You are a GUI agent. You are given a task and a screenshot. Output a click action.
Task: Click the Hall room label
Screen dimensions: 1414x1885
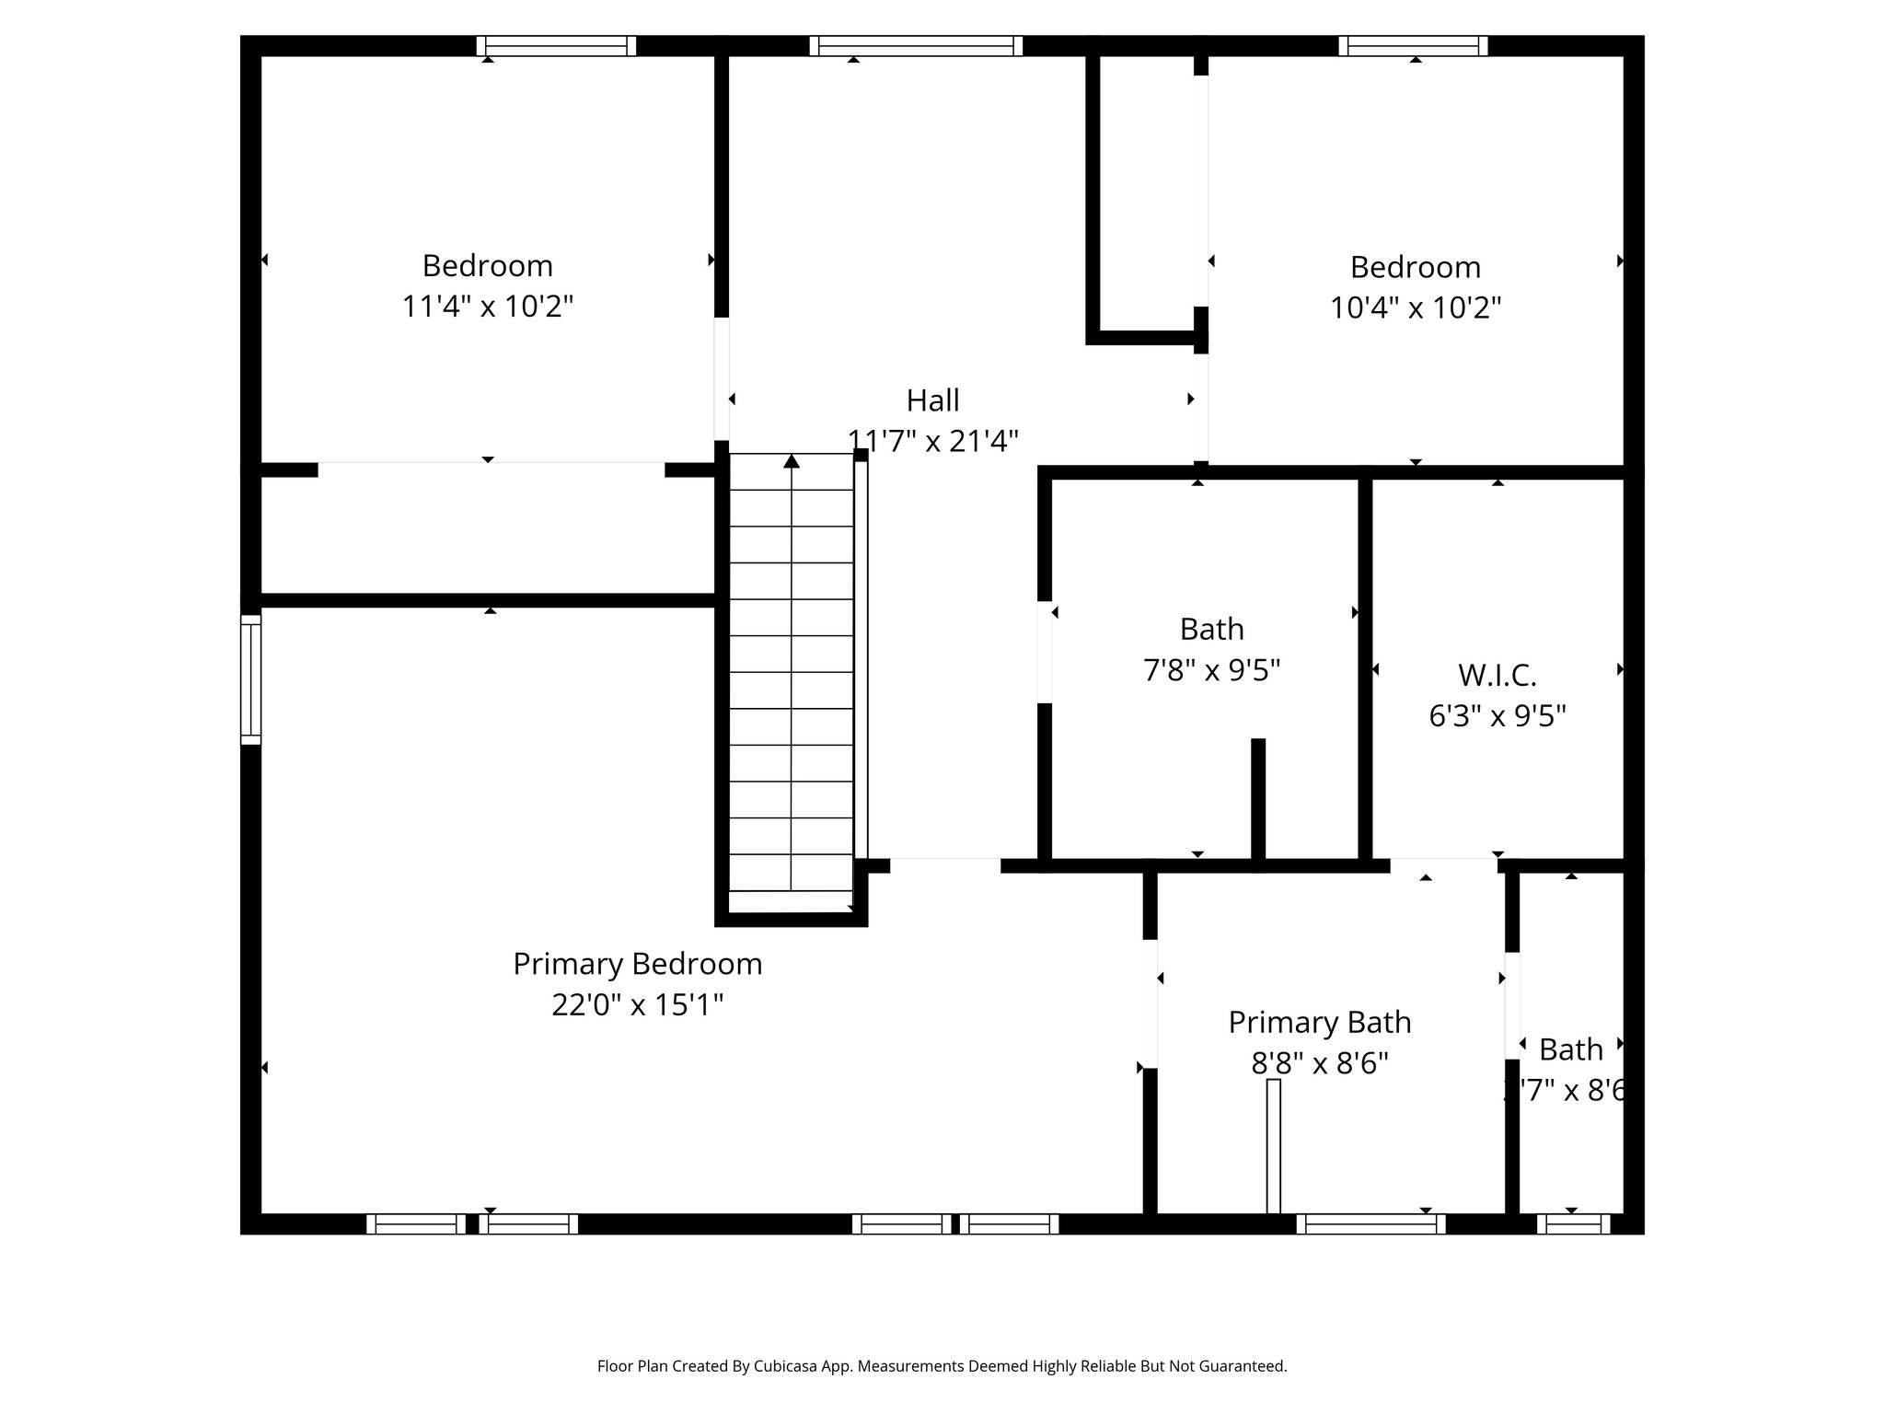tap(932, 400)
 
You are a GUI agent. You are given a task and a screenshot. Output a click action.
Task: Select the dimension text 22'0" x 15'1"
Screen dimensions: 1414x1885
tap(637, 1004)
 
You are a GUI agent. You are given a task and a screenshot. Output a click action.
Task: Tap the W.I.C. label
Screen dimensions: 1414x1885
tap(1497, 675)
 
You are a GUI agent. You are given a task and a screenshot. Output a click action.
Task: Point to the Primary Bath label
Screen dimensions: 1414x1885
tap(1319, 1022)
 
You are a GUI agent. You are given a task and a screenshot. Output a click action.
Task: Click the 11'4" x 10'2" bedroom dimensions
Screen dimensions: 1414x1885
tap(487, 306)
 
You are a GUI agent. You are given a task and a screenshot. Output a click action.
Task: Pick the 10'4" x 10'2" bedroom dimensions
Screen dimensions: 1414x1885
tap(1415, 307)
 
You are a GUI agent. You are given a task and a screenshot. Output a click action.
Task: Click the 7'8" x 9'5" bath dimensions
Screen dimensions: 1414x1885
tap(1211, 669)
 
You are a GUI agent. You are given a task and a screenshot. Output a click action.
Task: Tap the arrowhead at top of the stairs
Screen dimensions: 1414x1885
tap(792, 460)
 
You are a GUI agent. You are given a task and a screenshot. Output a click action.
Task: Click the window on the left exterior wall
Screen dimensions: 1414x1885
tap(250, 679)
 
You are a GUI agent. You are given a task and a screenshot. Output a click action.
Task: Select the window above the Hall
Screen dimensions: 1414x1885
tap(916, 46)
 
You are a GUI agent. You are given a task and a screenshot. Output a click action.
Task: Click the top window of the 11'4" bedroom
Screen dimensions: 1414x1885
tap(556, 46)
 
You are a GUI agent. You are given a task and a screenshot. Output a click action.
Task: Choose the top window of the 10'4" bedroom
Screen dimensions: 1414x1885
tap(1413, 46)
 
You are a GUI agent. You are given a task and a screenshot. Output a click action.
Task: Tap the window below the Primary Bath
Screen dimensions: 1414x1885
tap(1370, 1223)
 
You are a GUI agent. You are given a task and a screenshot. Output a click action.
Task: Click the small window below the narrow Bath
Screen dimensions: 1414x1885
tap(1573, 1223)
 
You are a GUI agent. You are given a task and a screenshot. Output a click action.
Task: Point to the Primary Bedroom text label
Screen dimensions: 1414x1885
tap(637, 964)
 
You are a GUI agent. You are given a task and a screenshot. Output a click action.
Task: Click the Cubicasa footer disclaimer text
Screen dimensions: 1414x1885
tap(942, 1366)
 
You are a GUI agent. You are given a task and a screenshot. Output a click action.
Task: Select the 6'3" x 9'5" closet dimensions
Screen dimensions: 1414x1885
tap(1497, 715)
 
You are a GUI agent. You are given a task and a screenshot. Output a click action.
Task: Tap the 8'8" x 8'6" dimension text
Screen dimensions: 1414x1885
tap(1319, 1063)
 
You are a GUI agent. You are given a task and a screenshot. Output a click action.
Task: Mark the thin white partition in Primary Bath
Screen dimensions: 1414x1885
tap(1273, 1146)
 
